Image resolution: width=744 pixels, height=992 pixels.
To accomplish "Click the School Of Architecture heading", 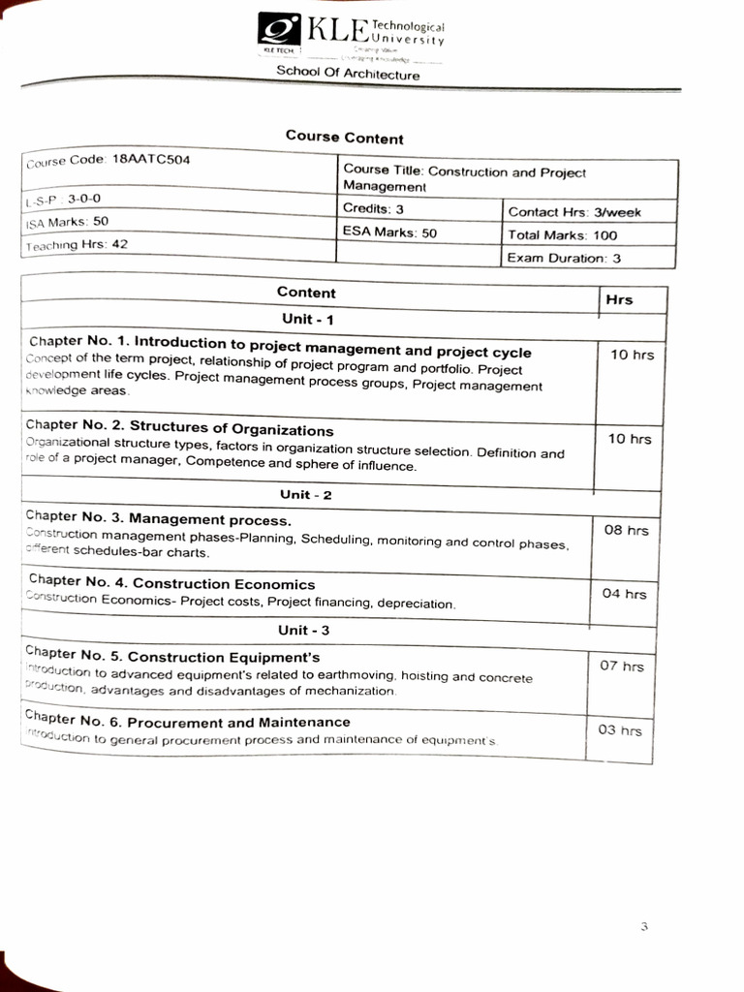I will pyautogui.click(x=348, y=73).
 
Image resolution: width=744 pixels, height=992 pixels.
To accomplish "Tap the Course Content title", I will pyautogui.click(x=344, y=139).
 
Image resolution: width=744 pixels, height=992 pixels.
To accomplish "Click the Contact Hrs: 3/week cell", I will pyautogui.click(x=574, y=212).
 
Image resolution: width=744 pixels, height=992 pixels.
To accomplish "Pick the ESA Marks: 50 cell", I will pyautogui.click(x=389, y=232).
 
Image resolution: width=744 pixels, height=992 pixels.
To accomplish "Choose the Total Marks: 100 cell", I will pyautogui.click(x=562, y=235).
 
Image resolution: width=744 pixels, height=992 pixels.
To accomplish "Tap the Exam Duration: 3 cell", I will pyautogui.click(x=564, y=259).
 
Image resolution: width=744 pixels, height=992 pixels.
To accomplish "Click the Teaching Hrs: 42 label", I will pyautogui.click(x=77, y=245).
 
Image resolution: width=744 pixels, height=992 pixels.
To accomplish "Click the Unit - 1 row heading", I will pyautogui.click(x=307, y=319).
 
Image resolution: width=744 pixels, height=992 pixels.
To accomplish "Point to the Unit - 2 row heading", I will pyautogui.click(x=305, y=495).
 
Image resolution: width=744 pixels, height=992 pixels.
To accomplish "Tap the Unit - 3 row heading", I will pyautogui.click(x=304, y=631).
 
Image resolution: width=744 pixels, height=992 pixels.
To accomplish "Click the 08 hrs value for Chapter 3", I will pyautogui.click(x=626, y=531).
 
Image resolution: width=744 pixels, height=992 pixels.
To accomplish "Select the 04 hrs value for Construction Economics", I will pyautogui.click(x=624, y=594).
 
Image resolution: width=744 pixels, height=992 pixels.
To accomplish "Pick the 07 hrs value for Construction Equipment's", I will pyautogui.click(x=621, y=666).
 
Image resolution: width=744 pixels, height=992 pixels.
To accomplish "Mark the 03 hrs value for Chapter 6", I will pyautogui.click(x=619, y=730).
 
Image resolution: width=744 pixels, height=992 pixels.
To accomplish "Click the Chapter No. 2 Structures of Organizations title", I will pyautogui.click(x=180, y=429).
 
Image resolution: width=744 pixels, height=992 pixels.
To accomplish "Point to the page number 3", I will pyautogui.click(x=643, y=927).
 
